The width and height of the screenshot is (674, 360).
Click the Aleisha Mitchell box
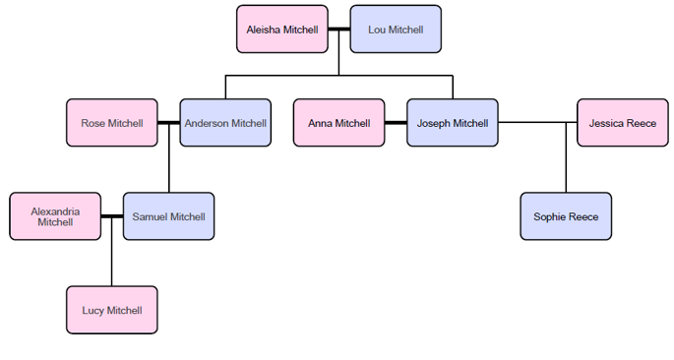(x=282, y=30)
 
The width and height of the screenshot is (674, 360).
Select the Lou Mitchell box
(x=396, y=30)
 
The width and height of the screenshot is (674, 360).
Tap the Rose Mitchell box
(x=112, y=123)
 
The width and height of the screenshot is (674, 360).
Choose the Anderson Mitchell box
(x=225, y=123)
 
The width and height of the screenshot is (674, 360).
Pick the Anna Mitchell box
(x=338, y=123)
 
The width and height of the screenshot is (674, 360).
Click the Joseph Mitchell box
(x=452, y=123)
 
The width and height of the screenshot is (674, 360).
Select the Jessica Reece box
(x=622, y=123)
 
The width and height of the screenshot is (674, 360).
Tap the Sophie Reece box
(x=566, y=216)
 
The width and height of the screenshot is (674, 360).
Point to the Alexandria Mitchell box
(x=55, y=216)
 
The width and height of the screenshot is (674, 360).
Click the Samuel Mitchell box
(x=168, y=216)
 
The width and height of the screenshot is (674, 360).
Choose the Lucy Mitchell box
(x=112, y=310)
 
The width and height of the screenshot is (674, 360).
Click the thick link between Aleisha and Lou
(x=339, y=30)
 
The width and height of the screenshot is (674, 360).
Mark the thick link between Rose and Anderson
(x=169, y=123)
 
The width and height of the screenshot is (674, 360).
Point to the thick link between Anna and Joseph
(x=396, y=123)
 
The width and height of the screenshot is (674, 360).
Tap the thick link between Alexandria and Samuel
(x=112, y=216)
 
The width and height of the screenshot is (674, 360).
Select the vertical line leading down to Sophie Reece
(x=566, y=162)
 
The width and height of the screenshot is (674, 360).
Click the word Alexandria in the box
(x=55, y=210)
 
